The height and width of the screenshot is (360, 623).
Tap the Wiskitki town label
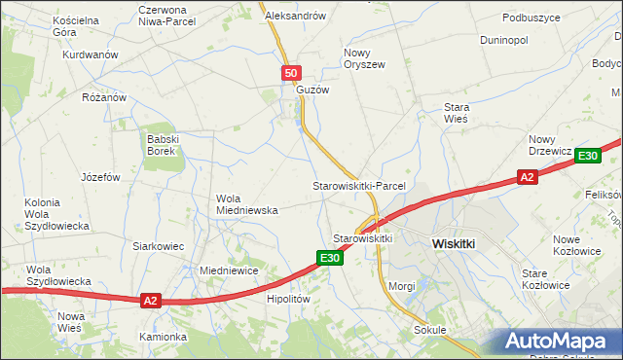tap(453, 245)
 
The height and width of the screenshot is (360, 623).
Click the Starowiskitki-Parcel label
tap(357, 185)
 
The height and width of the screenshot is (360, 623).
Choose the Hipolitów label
tap(288, 300)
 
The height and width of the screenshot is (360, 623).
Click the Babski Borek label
tap(161, 144)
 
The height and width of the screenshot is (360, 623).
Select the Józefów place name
tap(100, 178)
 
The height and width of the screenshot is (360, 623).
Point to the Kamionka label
tap(162, 337)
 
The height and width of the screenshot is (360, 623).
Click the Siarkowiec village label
tap(159, 246)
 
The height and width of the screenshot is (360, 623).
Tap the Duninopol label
tap(504, 41)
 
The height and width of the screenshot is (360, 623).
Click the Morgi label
tap(402, 286)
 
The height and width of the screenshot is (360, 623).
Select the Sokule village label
tap(428, 330)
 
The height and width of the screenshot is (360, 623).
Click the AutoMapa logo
tap(558, 341)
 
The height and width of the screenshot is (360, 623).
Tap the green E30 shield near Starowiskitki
tap(329, 258)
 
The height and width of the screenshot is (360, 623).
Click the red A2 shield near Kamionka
tap(149, 301)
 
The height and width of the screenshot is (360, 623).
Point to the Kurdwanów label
tap(91, 54)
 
